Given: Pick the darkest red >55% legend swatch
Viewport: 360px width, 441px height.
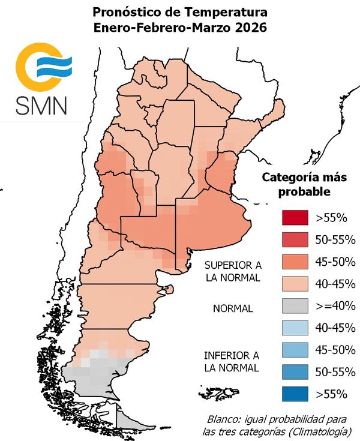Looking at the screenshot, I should click(294, 217).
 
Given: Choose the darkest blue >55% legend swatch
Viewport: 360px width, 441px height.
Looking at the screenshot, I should click(294, 394).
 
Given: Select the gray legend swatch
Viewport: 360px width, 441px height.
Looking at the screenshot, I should click(294, 306).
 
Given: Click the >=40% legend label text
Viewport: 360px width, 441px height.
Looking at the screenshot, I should click(335, 306).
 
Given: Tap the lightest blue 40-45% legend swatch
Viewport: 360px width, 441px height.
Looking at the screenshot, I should click(294, 328).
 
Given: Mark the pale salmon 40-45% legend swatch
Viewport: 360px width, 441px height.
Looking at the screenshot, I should click(294, 284).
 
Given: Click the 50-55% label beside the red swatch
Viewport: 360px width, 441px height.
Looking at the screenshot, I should click(335, 239).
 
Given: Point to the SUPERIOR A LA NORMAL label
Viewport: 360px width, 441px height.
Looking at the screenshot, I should click(232, 271).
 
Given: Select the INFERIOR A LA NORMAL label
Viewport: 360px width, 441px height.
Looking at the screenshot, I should click(231, 361).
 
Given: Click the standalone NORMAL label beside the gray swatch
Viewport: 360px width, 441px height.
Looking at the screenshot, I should click(233, 308).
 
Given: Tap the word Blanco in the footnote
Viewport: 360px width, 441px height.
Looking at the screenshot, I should click(225, 418).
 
